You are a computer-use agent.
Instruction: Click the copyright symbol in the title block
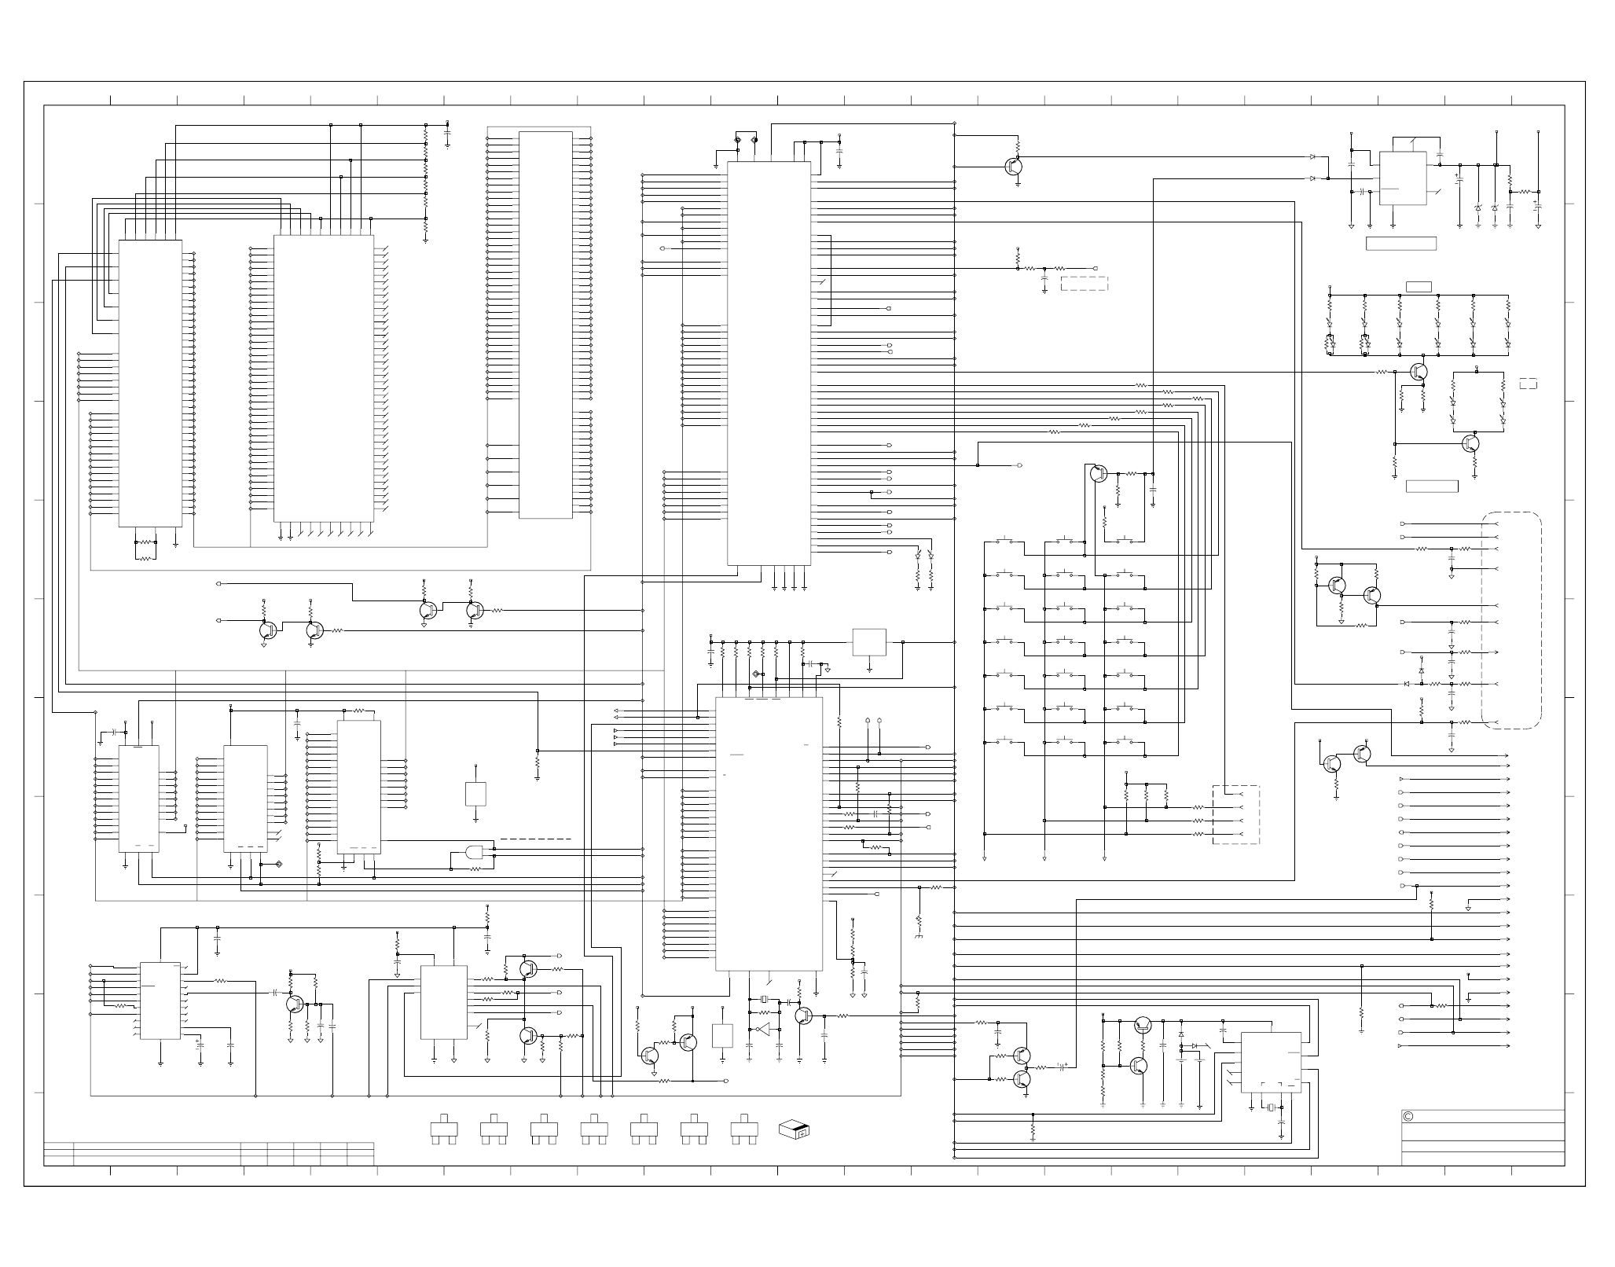[x=1408, y=1117]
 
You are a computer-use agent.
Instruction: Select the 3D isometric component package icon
[x=794, y=1130]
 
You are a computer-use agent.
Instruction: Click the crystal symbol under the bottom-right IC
[x=1268, y=1108]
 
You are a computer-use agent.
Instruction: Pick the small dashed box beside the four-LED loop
[x=1528, y=384]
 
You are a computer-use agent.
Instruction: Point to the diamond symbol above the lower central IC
[x=757, y=674]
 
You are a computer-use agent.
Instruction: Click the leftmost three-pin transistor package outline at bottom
[x=444, y=1129]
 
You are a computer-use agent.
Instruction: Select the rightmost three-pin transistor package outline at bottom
[x=743, y=1129]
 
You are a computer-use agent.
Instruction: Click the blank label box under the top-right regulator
[x=1401, y=244]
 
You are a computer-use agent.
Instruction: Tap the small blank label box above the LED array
[x=1419, y=286]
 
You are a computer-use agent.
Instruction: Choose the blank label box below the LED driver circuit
[x=1431, y=487]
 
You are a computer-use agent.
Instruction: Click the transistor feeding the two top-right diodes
[x=1015, y=166]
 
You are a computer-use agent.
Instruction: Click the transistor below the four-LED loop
[x=1470, y=443]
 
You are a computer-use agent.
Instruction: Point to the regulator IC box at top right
[x=1403, y=178]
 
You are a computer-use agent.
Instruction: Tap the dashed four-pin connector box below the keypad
[x=1235, y=815]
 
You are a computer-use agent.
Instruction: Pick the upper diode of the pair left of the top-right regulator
[x=1312, y=157]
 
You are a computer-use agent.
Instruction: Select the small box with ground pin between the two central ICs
[x=869, y=642]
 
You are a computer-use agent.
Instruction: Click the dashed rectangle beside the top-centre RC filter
[x=1085, y=284]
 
